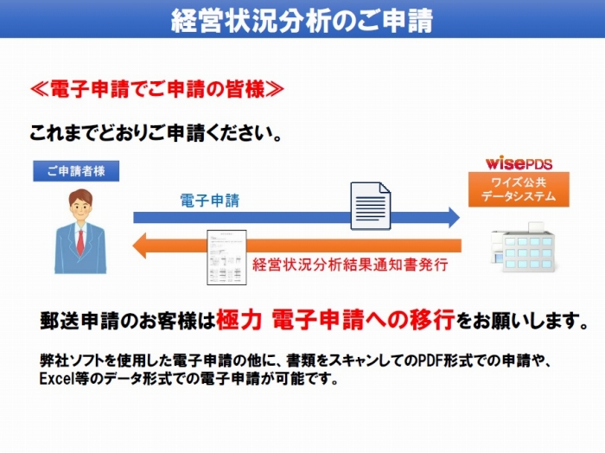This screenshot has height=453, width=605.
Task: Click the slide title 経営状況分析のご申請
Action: click(x=302, y=20)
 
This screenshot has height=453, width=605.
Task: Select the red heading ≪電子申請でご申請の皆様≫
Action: click(x=157, y=89)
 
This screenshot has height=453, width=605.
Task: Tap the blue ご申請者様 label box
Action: click(x=76, y=171)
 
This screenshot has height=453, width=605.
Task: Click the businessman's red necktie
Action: click(x=80, y=242)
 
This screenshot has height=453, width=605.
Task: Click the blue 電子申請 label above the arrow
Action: click(x=210, y=201)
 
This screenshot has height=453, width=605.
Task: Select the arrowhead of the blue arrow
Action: click(x=454, y=217)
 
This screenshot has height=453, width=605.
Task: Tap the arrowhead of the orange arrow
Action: click(x=139, y=246)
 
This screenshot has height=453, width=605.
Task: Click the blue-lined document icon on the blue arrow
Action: click(x=371, y=206)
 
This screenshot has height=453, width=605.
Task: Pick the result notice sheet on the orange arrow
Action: click(x=226, y=258)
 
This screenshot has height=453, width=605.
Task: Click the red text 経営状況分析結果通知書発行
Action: click(x=350, y=265)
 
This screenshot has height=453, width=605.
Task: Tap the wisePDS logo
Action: click(x=519, y=163)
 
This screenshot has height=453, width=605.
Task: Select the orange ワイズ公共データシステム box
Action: click(x=519, y=189)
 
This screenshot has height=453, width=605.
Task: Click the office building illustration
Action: click(x=523, y=247)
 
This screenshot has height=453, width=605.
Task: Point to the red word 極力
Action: click(x=239, y=320)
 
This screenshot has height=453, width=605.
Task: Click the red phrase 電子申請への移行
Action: click(x=363, y=320)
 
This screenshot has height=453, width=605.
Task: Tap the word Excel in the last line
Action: click(x=57, y=379)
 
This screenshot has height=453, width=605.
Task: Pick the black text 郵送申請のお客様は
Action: click(x=128, y=321)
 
